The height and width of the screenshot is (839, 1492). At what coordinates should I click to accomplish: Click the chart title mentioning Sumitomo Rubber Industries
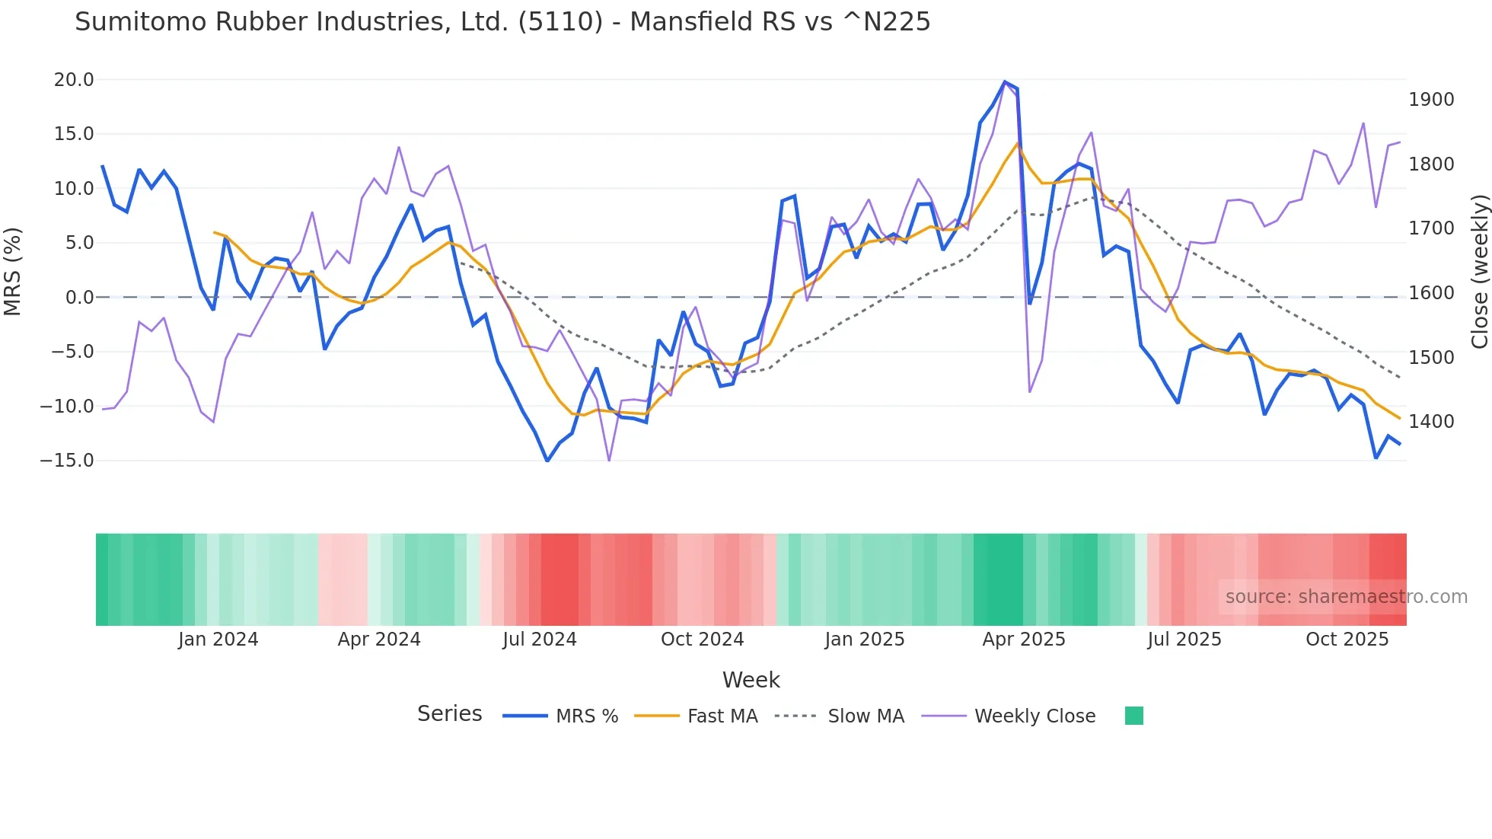click(502, 22)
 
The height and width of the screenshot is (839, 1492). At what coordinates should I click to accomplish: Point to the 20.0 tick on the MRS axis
click(73, 80)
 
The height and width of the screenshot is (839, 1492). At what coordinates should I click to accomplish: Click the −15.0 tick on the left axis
click(67, 461)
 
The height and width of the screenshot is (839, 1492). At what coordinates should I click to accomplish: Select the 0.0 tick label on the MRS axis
click(79, 298)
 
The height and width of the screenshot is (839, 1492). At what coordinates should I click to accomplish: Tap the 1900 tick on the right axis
click(1431, 100)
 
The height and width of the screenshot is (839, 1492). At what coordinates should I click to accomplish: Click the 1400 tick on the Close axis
click(1431, 421)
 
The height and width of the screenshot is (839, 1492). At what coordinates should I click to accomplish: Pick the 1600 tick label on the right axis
click(1431, 292)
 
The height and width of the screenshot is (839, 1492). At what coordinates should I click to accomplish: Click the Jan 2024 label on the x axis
click(218, 640)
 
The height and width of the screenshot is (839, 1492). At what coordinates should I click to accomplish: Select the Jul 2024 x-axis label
click(540, 640)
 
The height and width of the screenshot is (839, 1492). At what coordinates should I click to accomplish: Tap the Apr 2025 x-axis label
click(1024, 640)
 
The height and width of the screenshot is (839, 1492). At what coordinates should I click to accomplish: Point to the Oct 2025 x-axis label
click(1347, 640)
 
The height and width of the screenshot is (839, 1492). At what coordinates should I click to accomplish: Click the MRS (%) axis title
click(13, 271)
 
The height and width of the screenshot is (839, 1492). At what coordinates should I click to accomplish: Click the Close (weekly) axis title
click(1479, 271)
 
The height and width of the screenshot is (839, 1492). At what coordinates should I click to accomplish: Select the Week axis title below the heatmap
click(751, 680)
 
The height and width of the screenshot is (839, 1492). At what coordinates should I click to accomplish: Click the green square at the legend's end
click(1133, 716)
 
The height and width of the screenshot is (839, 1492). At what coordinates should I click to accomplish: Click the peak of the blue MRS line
click(1005, 81)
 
